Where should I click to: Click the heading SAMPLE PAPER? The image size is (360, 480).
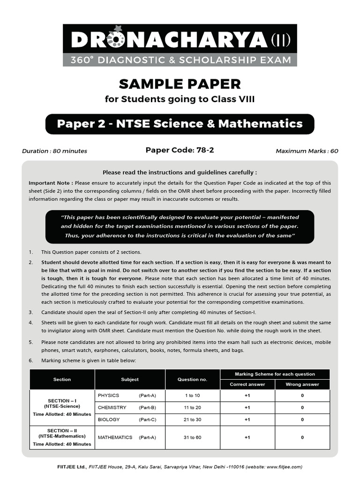(180, 84)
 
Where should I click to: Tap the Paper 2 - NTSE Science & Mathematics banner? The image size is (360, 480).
(180, 124)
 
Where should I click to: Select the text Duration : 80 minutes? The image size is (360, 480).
(54, 151)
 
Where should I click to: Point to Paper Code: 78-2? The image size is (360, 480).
(180, 150)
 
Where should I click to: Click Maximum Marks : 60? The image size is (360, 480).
(307, 151)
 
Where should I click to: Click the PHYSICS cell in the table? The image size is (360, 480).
(109, 396)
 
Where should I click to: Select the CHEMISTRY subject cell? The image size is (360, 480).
(112, 408)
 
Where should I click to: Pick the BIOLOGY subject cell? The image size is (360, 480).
(109, 420)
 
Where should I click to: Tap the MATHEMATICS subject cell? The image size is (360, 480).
(115, 437)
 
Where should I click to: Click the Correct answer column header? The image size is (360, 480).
(247, 384)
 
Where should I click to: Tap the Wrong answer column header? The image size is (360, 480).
(302, 384)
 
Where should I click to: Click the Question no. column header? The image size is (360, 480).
(192, 379)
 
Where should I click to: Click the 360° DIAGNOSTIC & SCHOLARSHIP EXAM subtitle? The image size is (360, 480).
(180, 60)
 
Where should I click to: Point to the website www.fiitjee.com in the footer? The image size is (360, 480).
(280, 467)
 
